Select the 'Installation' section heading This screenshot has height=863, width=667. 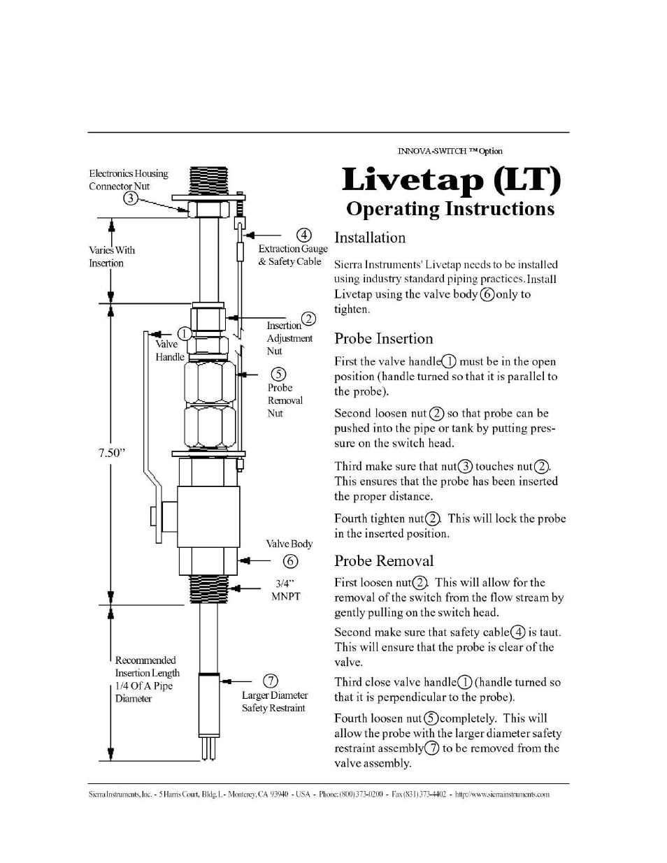coord(370,238)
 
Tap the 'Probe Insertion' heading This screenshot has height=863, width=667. coord(383,339)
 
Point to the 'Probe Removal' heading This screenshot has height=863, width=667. coord(384,561)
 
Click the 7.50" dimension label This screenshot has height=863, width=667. coord(112,453)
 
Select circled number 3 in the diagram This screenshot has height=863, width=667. coord(131,198)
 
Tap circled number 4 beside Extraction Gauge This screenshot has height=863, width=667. coord(304,235)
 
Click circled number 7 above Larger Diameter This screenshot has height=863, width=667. coord(271,681)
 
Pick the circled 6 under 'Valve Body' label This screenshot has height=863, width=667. coord(290,561)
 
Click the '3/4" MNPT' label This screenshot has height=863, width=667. coord(286,590)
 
